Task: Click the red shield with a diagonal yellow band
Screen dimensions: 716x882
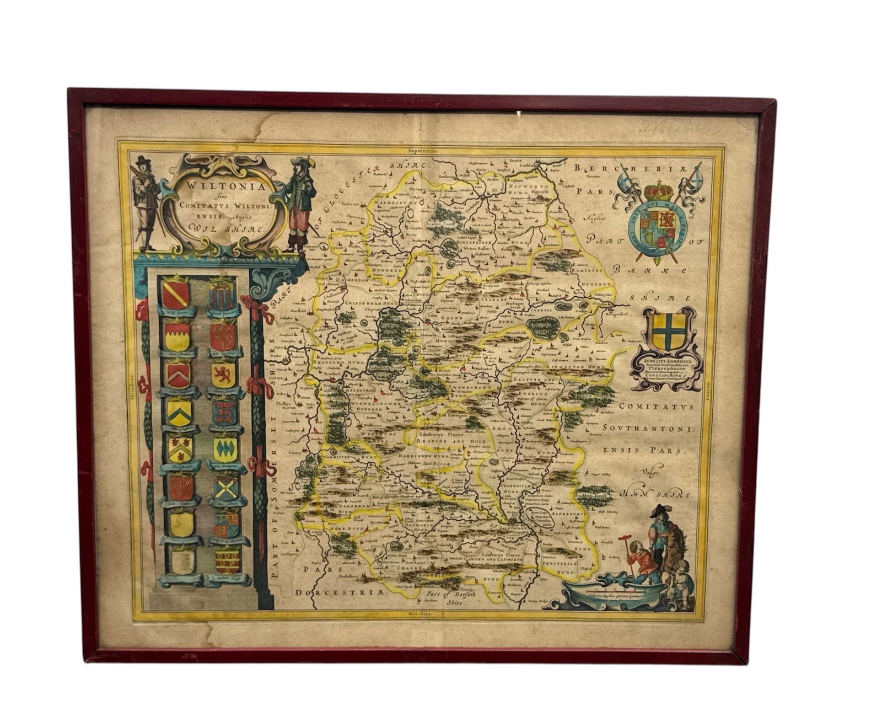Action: (175, 293)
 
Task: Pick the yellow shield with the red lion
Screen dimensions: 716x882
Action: (223, 373)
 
